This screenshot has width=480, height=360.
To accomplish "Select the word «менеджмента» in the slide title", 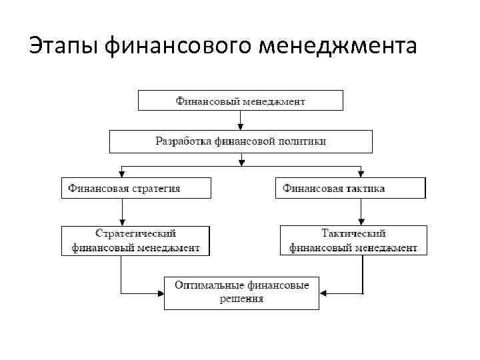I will [339, 47].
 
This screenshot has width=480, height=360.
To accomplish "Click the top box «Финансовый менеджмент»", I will [240, 101].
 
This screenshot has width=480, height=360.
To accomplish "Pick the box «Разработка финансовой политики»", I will [241, 141].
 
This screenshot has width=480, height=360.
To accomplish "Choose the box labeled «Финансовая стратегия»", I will [136, 188].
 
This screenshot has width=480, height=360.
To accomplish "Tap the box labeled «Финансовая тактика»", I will [350, 188].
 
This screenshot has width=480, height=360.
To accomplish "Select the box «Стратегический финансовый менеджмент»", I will [135, 241].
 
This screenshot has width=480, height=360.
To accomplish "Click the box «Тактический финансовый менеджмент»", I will [353, 241].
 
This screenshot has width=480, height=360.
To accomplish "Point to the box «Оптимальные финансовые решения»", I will [241, 292].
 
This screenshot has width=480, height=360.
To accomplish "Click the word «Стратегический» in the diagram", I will [135, 234].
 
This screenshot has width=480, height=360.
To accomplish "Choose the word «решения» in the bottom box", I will [241, 299].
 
